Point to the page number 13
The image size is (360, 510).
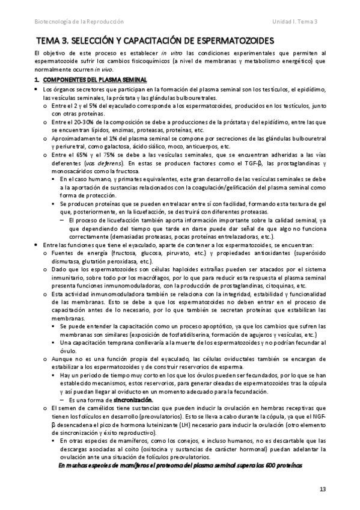[322, 489]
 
